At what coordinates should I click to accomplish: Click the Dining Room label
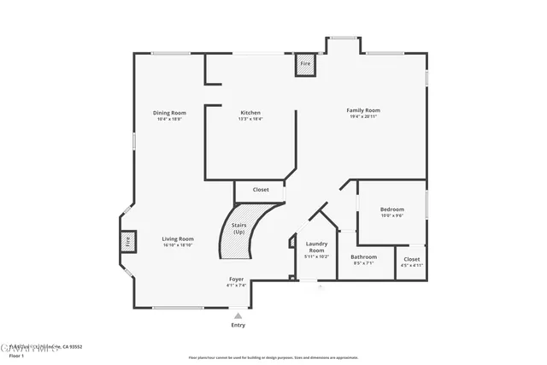point(170,113)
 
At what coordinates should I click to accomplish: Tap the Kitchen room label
point(250,113)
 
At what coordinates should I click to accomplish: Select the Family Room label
point(363,110)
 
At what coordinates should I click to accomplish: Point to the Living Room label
point(178,238)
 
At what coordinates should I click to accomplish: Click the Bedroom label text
point(392,209)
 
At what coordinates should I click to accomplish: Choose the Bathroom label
point(364,257)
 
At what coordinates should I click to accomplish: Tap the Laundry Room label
point(317,247)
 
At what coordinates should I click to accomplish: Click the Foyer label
point(236,280)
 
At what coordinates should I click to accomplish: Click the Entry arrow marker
point(238,315)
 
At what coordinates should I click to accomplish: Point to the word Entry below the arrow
point(238,325)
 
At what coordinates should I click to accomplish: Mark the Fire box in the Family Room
point(305,64)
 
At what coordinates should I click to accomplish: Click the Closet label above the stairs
point(261,190)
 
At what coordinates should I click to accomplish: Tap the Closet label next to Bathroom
point(412,259)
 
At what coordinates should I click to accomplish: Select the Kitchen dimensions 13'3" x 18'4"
point(250,119)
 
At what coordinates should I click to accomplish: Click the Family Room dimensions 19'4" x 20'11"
point(363,116)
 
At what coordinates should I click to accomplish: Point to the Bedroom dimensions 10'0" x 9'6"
point(392,215)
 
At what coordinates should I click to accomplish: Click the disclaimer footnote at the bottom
point(273,356)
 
